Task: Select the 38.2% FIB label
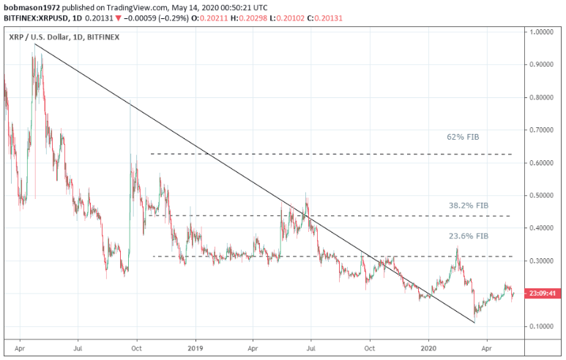(x=469, y=206)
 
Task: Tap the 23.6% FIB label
(x=469, y=236)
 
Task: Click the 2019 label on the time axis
(x=196, y=348)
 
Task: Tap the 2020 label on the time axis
(x=428, y=348)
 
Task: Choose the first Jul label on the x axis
(x=78, y=348)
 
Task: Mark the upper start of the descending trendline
(x=34, y=45)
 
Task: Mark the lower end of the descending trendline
(x=474, y=322)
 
